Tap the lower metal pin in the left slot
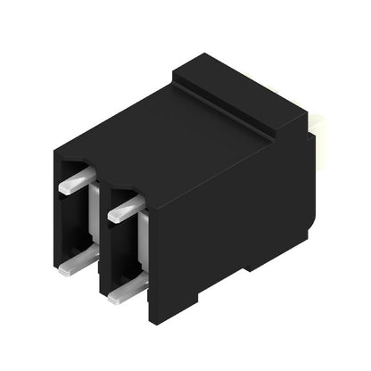[x=78, y=260]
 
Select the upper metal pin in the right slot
[x=126, y=208]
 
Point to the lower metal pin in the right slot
[x=128, y=287]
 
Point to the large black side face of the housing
[x=232, y=214]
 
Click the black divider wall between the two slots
[x=101, y=232]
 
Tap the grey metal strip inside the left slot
[x=93, y=223]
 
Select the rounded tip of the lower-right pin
[x=112, y=295]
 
